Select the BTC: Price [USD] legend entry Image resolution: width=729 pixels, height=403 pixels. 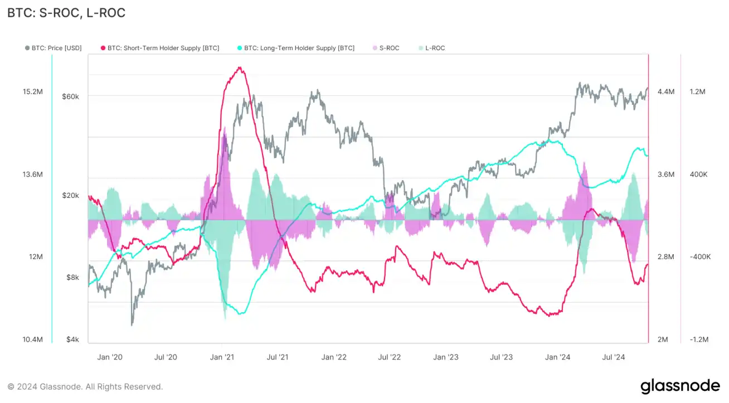54,48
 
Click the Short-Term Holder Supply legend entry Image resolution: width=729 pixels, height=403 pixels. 160,48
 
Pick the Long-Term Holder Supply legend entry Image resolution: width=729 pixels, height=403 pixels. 296,48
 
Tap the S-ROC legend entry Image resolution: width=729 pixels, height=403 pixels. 386,48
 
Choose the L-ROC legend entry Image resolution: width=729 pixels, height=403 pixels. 431,48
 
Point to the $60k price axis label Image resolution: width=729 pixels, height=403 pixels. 70,96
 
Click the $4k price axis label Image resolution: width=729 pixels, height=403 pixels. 72,339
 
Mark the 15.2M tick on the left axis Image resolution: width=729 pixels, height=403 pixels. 33,92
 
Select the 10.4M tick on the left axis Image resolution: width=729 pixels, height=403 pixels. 33,339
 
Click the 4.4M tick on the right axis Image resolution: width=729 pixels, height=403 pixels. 666,92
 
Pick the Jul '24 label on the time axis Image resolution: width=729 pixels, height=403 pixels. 614,357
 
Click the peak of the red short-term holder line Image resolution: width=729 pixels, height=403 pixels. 240,68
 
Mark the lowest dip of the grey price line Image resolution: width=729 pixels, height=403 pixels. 132,324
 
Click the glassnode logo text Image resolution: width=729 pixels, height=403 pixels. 679,386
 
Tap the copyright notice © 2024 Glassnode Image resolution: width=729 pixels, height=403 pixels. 85,386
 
